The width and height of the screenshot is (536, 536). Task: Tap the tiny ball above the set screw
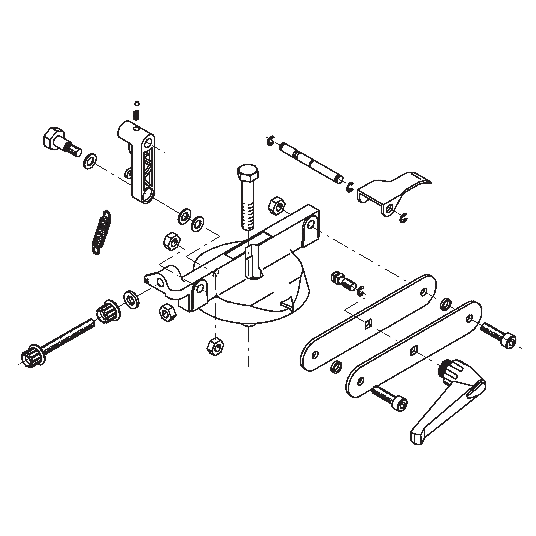[x=136, y=104]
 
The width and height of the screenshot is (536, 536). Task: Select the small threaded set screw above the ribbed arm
[x=136, y=115]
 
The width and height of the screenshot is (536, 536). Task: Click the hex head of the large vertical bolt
[x=248, y=172]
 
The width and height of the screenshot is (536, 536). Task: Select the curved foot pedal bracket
[x=394, y=191]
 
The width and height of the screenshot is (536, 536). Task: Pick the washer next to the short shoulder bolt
[x=90, y=161]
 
